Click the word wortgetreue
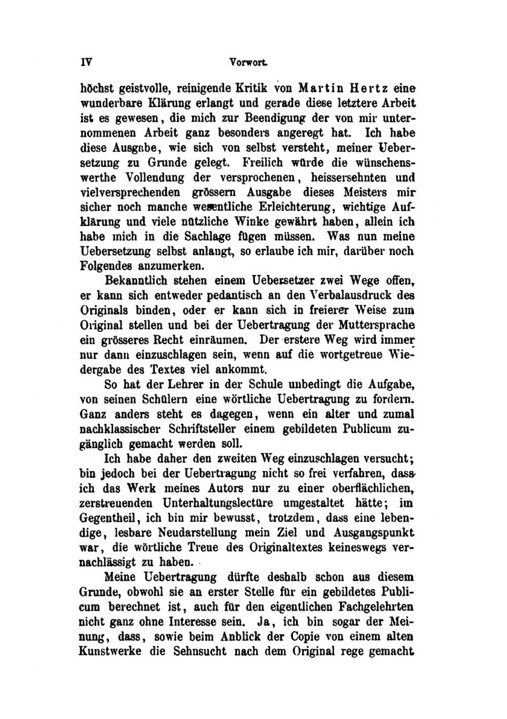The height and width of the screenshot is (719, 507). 348,354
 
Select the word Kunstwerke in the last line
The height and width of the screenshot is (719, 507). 110,651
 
